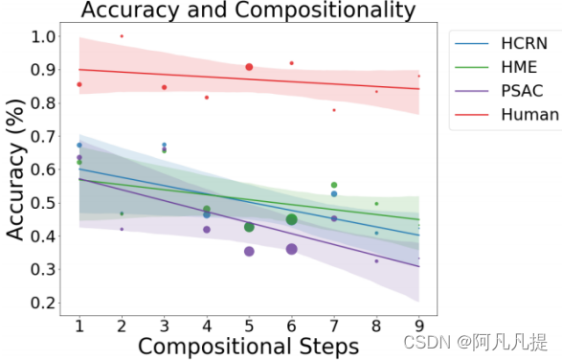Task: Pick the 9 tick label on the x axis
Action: pos(418,326)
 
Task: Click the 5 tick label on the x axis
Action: pos(249,326)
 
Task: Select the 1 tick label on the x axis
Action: pos(79,326)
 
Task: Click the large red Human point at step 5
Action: pos(249,67)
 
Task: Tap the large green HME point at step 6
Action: pos(292,219)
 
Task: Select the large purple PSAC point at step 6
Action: pos(292,249)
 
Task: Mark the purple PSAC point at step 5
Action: pos(249,251)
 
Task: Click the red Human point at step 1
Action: pos(79,84)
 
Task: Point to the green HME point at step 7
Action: pos(334,185)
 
